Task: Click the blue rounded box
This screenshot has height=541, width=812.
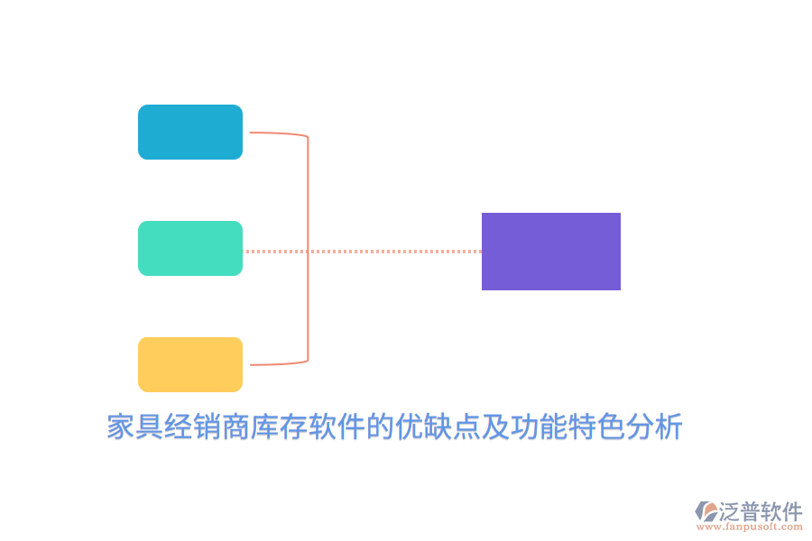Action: (189, 132)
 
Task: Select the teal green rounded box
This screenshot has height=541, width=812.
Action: (189, 248)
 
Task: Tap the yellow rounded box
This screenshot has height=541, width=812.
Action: (189, 364)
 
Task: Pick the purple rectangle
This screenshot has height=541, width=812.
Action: (550, 252)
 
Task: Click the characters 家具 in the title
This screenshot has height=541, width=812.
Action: (135, 427)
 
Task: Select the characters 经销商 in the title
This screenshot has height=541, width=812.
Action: (208, 427)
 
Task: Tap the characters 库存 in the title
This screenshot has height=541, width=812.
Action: (280, 427)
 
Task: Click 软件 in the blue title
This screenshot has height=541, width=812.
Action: (337, 427)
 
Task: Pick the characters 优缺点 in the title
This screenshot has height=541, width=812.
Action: (438, 427)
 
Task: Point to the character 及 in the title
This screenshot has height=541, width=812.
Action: (495, 427)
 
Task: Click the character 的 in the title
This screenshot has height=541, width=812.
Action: (380, 427)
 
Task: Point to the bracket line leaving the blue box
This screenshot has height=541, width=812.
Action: (275, 133)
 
